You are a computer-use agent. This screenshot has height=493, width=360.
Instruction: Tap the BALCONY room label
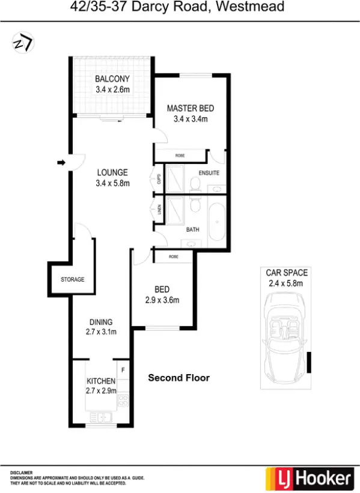point(112,79)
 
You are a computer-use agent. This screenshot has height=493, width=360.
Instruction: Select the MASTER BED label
point(191,108)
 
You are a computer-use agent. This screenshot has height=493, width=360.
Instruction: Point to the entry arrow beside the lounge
point(61,162)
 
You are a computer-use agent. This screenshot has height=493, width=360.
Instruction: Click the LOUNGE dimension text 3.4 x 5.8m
point(113,183)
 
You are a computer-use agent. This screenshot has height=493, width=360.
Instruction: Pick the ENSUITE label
point(209,174)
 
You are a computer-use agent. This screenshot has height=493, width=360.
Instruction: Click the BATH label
point(192,229)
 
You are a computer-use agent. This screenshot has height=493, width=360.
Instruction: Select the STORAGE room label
point(72,280)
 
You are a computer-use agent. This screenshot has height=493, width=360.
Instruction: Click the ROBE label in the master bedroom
point(180,156)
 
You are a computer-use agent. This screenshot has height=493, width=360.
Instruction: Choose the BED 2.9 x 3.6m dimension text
point(162,300)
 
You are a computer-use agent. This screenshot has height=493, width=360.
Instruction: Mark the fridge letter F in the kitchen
point(123,369)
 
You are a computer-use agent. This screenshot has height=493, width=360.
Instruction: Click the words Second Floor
point(178,378)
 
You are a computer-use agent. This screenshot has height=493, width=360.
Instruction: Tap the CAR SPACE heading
point(287,273)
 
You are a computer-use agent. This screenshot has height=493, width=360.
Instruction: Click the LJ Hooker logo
point(308,479)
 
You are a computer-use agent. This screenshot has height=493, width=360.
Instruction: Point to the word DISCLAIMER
point(22,473)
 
